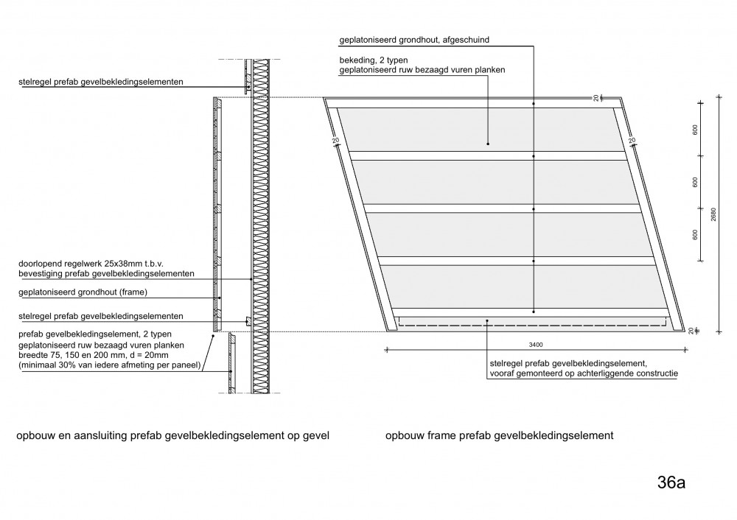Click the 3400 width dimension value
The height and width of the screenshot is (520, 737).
click(535, 345)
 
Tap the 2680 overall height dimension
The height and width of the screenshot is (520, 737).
click(713, 214)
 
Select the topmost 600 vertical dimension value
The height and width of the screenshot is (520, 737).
click(695, 130)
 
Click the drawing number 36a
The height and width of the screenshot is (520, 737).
click(671, 482)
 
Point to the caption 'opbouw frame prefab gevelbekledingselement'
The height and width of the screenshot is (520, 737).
click(499, 435)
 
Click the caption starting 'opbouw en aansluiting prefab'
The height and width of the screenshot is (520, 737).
click(173, 435)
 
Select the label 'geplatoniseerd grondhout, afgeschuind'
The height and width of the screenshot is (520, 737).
click(414, 40)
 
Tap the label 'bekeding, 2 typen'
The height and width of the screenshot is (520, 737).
click(374, 60)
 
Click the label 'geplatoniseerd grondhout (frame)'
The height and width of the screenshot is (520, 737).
click(83, 292)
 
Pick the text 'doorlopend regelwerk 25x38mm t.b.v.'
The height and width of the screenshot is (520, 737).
click(91, 264)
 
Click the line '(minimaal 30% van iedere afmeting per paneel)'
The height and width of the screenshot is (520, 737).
click(110, 365)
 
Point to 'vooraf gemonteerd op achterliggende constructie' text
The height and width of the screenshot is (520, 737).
click(584, 374)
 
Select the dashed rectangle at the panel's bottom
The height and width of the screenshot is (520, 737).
click(532, 322)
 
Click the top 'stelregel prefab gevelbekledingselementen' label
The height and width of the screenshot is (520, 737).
click(100, 82)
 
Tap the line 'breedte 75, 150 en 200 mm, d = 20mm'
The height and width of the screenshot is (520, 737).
click(93, 355)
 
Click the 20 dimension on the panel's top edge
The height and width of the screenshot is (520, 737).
click(596, 98)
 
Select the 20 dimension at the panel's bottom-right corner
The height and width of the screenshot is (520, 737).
click(691, 331)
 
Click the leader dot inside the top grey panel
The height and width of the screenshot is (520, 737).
click(488, 144)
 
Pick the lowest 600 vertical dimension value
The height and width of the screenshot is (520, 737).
click(695, 234)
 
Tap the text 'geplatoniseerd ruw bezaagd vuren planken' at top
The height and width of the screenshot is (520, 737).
click(422, 70)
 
